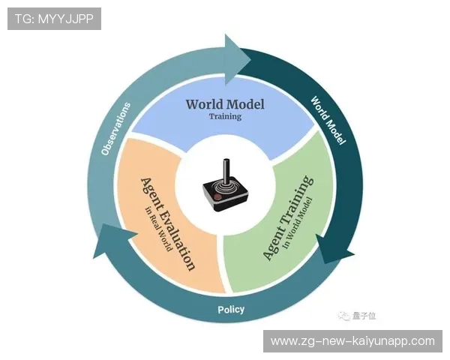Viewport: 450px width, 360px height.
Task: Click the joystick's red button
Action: pos(218,197)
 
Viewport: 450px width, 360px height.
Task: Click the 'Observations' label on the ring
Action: pos(116,129)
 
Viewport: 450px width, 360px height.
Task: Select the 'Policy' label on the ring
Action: pos(231,310)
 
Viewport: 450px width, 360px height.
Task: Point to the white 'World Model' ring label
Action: pos(328,121)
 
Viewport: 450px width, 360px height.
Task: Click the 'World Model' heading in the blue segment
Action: pos(225,104)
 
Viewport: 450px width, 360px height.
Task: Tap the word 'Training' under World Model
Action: pos(225,116)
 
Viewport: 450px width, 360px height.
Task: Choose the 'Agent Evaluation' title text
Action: pos(168,224)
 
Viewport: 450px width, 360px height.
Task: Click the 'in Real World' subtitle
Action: pos(158,229)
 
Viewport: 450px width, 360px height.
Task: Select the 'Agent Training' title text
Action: pos(288,218)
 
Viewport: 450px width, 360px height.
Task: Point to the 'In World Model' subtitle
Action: pos(297,223)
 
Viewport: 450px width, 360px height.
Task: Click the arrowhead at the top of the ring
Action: pos(238,60)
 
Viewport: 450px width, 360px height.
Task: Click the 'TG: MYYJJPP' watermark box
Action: pos(54,19)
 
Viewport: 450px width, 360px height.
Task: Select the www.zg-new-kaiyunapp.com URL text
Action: pos(352,341)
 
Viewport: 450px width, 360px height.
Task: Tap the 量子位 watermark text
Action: pos(364,316)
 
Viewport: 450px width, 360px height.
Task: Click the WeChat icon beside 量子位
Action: pos(343,316)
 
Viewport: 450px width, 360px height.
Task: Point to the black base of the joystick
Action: pos(225,196)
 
